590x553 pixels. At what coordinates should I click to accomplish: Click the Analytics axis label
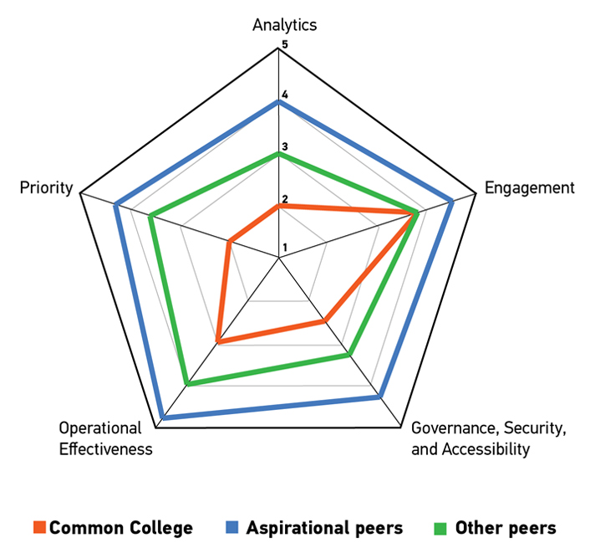pyautogui.click(x=284, y=24)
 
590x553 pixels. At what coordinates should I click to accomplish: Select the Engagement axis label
pyautogui.click(x=530, y=187)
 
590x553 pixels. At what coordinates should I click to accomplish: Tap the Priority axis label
pyautogui.click(x=46, y=188)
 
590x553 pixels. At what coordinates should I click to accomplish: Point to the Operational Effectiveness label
pyautogui.click(x=105, y=438)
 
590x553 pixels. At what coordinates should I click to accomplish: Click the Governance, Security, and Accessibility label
pyautogui.click(x=489, y=438)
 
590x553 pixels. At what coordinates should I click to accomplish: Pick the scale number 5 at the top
pyautogui.click(x=284, y=44)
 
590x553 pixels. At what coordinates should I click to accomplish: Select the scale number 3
pyautogui.click(x=284, y=147)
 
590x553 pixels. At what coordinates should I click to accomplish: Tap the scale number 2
pyautogui.click(x=284, y=198)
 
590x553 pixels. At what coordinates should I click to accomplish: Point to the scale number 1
pyautogui.click(x=284, y=248)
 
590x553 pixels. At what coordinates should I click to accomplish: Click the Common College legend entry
pyautogui.click(x=113, y=528)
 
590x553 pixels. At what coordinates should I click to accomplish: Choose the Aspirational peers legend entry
pyautogui.click(x=314, y=528)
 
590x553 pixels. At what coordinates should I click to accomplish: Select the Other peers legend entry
pyautogui.click(x=496, y=528)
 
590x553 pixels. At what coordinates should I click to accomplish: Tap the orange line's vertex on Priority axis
pyautogui.click(x=228, y=243)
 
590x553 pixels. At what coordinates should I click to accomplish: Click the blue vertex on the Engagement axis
pyautogui.click(x=452, y=201)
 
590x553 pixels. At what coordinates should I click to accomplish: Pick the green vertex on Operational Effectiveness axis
pyautogui.click(x=187, y=385)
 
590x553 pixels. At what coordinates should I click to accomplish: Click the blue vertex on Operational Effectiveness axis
pyautogui.click(x=162, y=417)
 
